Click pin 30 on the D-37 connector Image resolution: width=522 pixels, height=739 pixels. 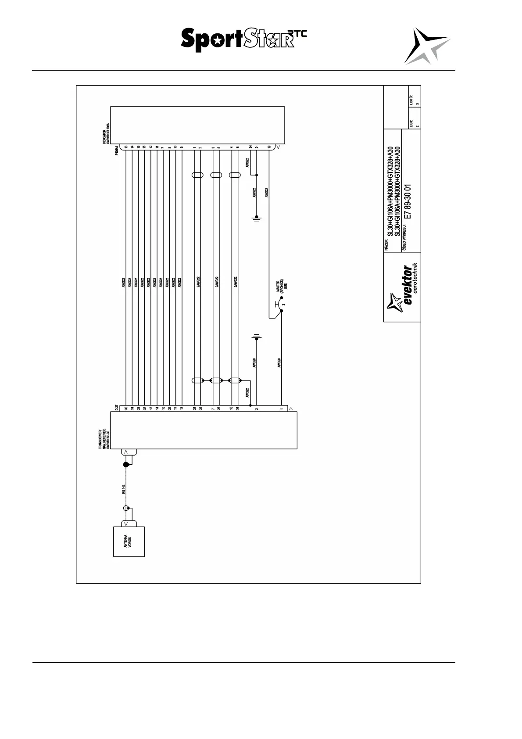tap(126, 408)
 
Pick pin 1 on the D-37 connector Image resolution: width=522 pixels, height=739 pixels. tap(281, 409)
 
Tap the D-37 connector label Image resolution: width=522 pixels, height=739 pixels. tap(116, 407)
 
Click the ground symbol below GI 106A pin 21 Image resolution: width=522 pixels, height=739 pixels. tap(257, 218)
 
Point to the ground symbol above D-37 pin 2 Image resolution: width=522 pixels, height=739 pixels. tap(257, 337)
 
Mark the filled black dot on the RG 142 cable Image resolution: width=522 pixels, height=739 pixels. tap(126, 465)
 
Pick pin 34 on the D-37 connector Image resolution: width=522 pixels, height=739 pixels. tap(237, 408)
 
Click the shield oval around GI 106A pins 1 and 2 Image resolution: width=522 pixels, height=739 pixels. tap(197, 175)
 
